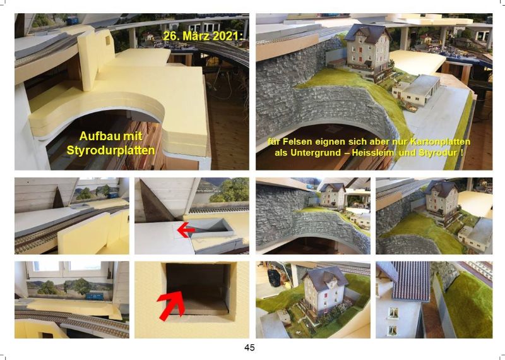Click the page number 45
tap(249, 347)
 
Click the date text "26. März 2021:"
tap(203, 36)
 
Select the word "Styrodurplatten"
tap(110, 150)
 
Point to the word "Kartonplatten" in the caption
tap(440, 141)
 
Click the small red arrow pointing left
tap(186, 230)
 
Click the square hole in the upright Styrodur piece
tap(107, 40)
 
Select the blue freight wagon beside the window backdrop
tap(96, 296)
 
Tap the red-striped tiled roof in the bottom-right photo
tap(411, 280)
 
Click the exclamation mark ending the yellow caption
tap(462, 152)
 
